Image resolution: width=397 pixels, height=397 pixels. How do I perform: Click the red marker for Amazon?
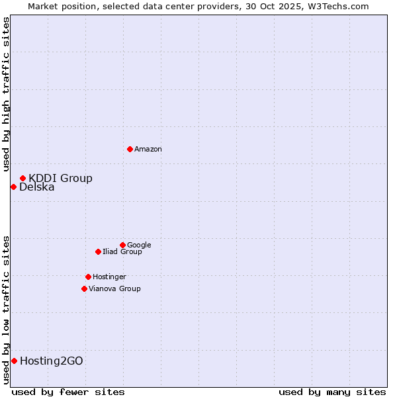pos(130,149)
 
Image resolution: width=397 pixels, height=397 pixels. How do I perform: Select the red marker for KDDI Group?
pos(22,178)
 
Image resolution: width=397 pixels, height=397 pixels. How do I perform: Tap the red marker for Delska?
pos(13,187)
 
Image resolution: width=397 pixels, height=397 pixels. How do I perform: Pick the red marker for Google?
pos(122,245)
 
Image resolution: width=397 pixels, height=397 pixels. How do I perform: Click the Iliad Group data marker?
pos(98,251)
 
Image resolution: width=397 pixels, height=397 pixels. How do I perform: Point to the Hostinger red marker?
pos(88,277)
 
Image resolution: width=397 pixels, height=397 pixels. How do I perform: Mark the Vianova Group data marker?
pos(84,288)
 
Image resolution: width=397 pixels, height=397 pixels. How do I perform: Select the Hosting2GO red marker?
pos(14,361)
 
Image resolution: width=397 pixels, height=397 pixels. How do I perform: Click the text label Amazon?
pos(148,150)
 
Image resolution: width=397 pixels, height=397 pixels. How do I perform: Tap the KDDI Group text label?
pos(60,178)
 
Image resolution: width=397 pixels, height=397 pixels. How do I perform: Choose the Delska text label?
pos(37,187)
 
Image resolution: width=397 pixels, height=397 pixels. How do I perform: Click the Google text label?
pos(139,245)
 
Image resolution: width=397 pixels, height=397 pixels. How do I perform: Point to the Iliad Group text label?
pos(122,252)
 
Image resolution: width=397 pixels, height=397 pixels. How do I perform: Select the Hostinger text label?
pos(109,277)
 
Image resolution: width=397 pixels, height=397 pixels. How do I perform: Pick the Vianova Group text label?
pos(114,289)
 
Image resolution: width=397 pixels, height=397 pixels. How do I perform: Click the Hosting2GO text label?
pos(52,361)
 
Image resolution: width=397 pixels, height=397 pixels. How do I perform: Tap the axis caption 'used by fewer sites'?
pos(68,392)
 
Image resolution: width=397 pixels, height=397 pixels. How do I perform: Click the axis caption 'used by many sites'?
pos(332,392)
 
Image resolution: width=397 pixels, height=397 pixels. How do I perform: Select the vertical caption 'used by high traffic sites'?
pos(6,94)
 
